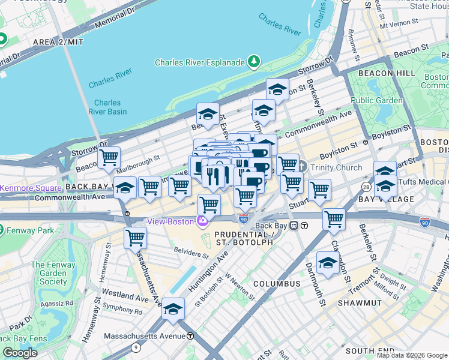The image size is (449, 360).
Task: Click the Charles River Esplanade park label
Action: point(199,62)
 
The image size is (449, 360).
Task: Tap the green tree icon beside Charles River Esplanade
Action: point(254,62)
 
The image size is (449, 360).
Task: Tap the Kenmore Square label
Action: point(30,188)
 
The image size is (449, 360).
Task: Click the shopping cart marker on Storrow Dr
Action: point(109,158)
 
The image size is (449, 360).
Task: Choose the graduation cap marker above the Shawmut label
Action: point(328,263)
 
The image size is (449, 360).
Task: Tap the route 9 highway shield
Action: point(136,347)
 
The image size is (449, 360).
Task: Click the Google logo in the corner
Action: point(20,353)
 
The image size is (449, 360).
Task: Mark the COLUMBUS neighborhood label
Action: point(276,283)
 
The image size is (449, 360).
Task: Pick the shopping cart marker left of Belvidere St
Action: point(135,238)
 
